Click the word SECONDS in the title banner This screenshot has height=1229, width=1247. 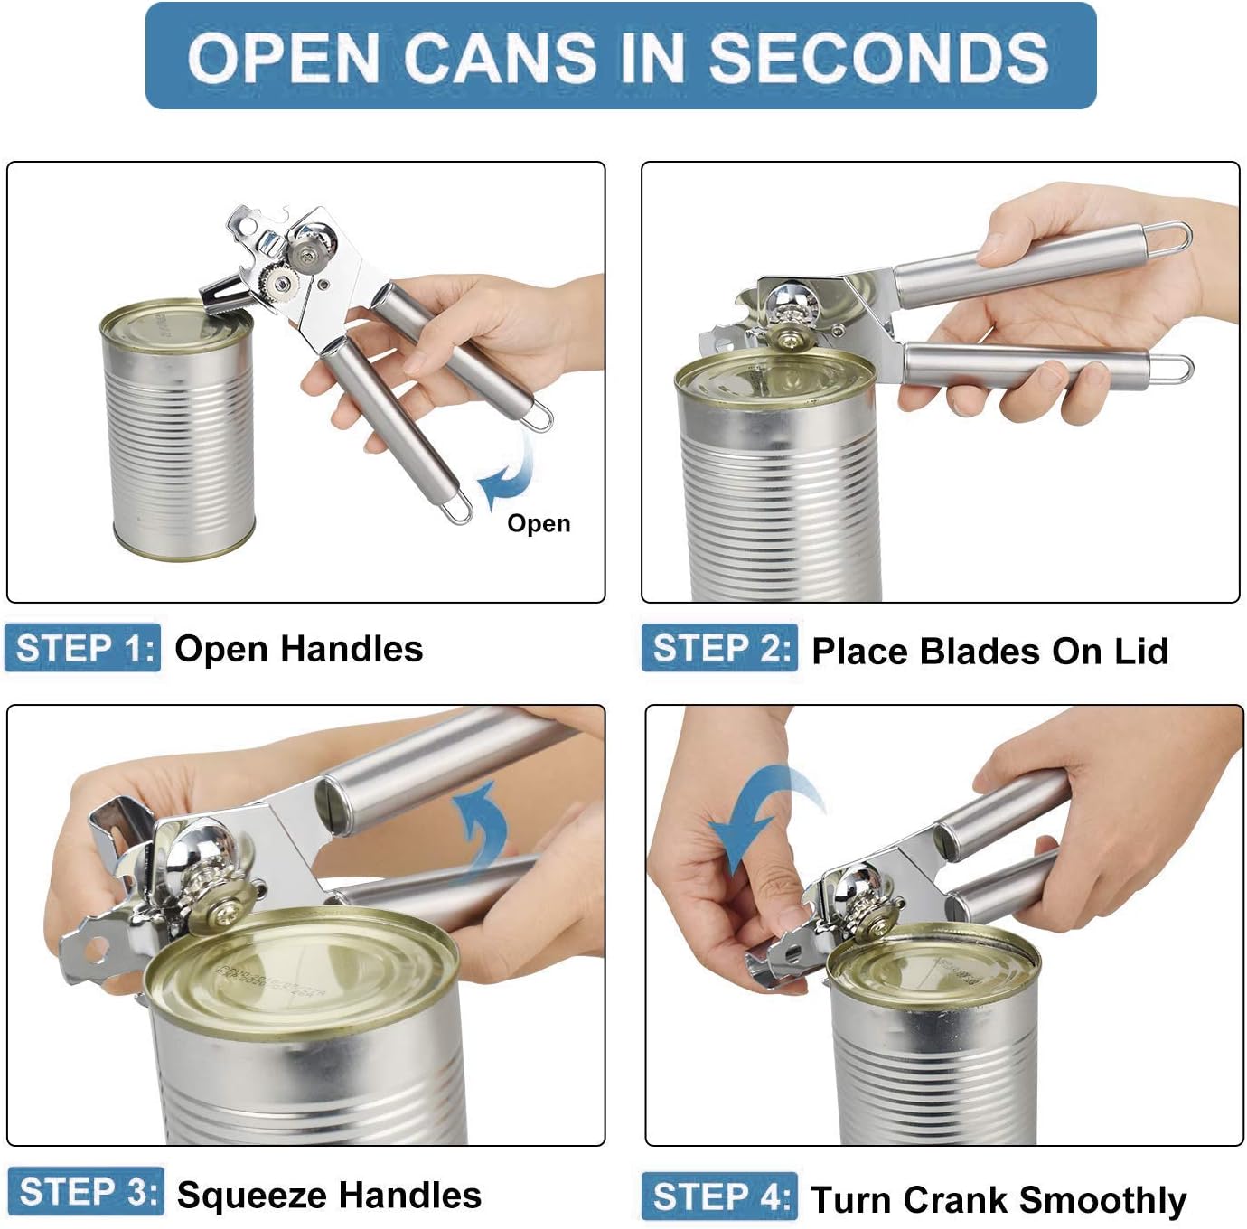coord(878,58)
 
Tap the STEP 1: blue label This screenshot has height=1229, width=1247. coord(83,648)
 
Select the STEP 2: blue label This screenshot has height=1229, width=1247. coord(720,648)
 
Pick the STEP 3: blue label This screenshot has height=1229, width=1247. coord(87,1192)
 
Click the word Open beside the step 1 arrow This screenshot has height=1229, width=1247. coord(539,523)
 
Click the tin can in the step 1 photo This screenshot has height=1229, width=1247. coord(177,434)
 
